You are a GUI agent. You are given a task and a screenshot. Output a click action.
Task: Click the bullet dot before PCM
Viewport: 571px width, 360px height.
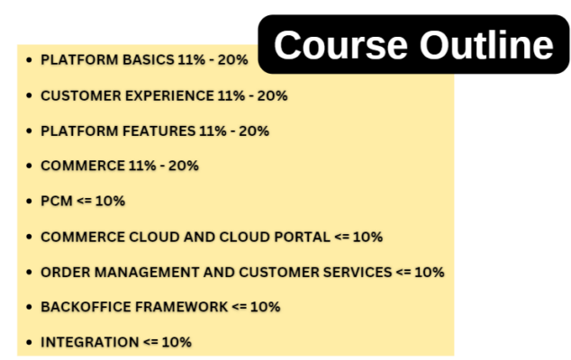(x=30, y=201)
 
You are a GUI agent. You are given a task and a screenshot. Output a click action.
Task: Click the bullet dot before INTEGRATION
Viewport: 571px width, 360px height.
(x=30, y=342)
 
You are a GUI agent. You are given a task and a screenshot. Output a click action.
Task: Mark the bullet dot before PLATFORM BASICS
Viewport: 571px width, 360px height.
(x=30, y=59)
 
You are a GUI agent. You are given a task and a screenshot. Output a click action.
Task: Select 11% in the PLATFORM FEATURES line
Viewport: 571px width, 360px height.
(x=213, y=130)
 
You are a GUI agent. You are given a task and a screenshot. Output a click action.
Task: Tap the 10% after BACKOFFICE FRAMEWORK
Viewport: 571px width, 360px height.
(x=265, y=307)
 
